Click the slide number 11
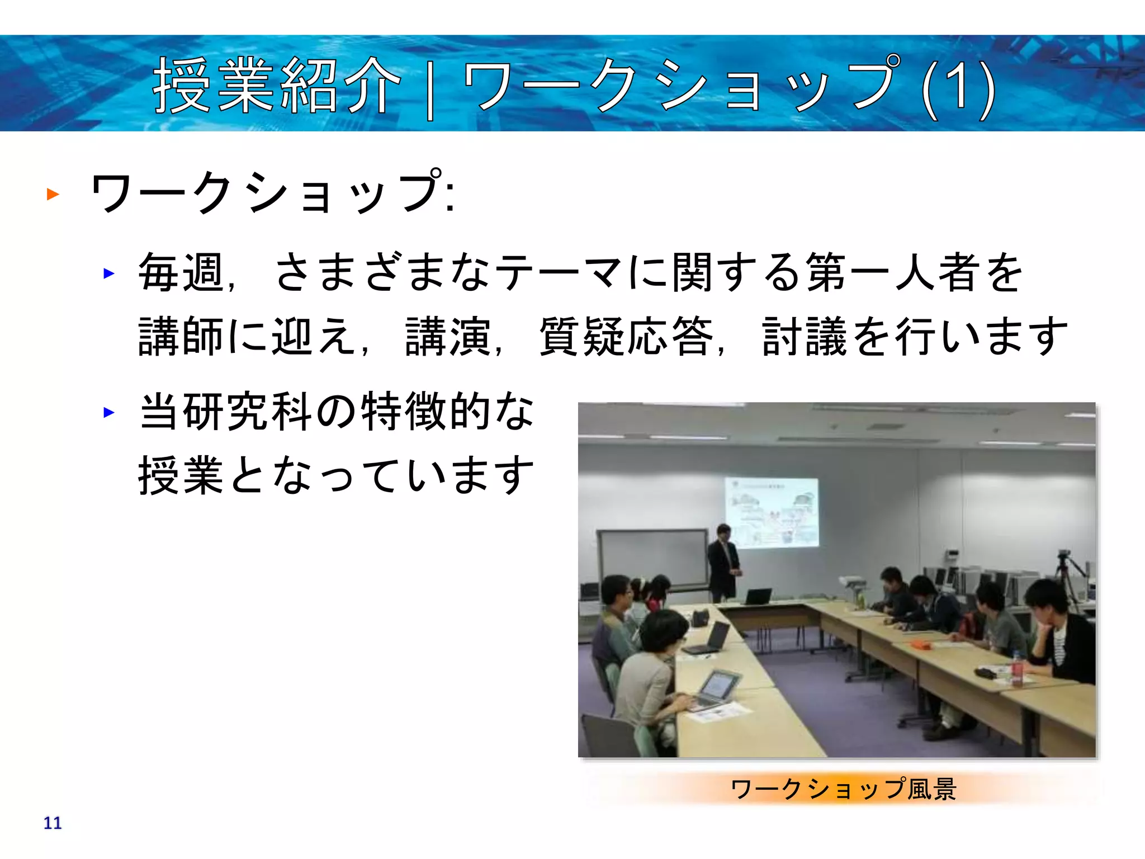53,823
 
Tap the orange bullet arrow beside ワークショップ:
53,194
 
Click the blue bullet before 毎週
109,273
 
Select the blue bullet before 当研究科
109,413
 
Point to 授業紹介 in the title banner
277,87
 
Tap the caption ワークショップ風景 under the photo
843,789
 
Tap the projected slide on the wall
772,512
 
